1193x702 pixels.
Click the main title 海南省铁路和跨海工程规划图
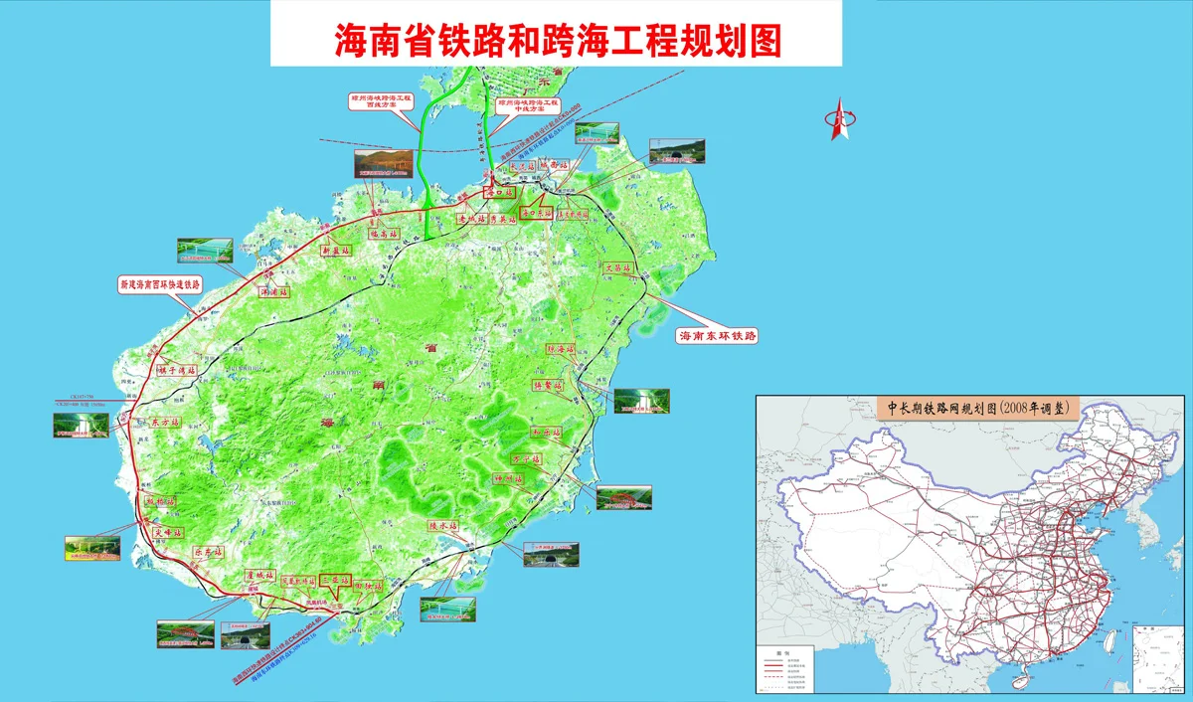(x=556, y=39)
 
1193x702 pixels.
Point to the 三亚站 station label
(x=336, y=583)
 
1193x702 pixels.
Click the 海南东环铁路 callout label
(x=716, y=336)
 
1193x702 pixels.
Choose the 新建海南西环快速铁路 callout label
(x=160, y=284)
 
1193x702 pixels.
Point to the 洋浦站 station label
(x=273, y=293)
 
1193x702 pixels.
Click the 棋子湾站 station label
(x=177, y=370)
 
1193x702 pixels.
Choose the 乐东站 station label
(x=208, y=551)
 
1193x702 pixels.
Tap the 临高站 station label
(x=383, y=235)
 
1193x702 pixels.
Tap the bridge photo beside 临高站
(x=382, y=162)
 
